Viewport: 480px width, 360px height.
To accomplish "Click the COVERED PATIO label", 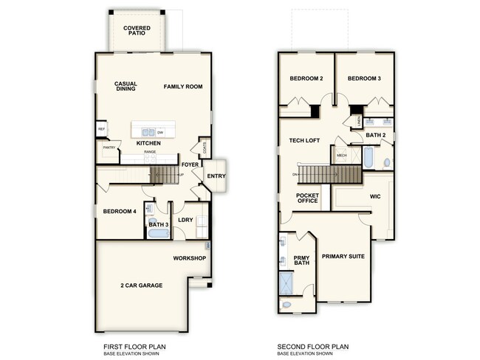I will click(x=137, y=30).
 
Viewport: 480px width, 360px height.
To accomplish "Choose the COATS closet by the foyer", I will click(x=204, y=146).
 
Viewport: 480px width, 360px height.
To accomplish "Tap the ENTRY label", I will click(x=216, y=176).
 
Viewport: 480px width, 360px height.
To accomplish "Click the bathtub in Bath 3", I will click(x=157, y=234).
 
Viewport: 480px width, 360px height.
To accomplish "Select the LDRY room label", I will click(x=185, y=219).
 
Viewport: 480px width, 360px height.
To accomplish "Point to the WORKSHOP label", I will click(x=188, y=258).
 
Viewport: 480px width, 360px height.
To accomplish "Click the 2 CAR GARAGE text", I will click(x=141, y=285).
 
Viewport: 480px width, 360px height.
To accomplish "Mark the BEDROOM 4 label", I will click(x=119, y=212).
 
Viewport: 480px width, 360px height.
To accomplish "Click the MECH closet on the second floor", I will click(x=342, y=156).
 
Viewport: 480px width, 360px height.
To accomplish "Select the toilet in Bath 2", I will click(x=386, y=162).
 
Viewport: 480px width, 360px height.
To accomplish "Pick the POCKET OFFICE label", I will click(x=307, y=198).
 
